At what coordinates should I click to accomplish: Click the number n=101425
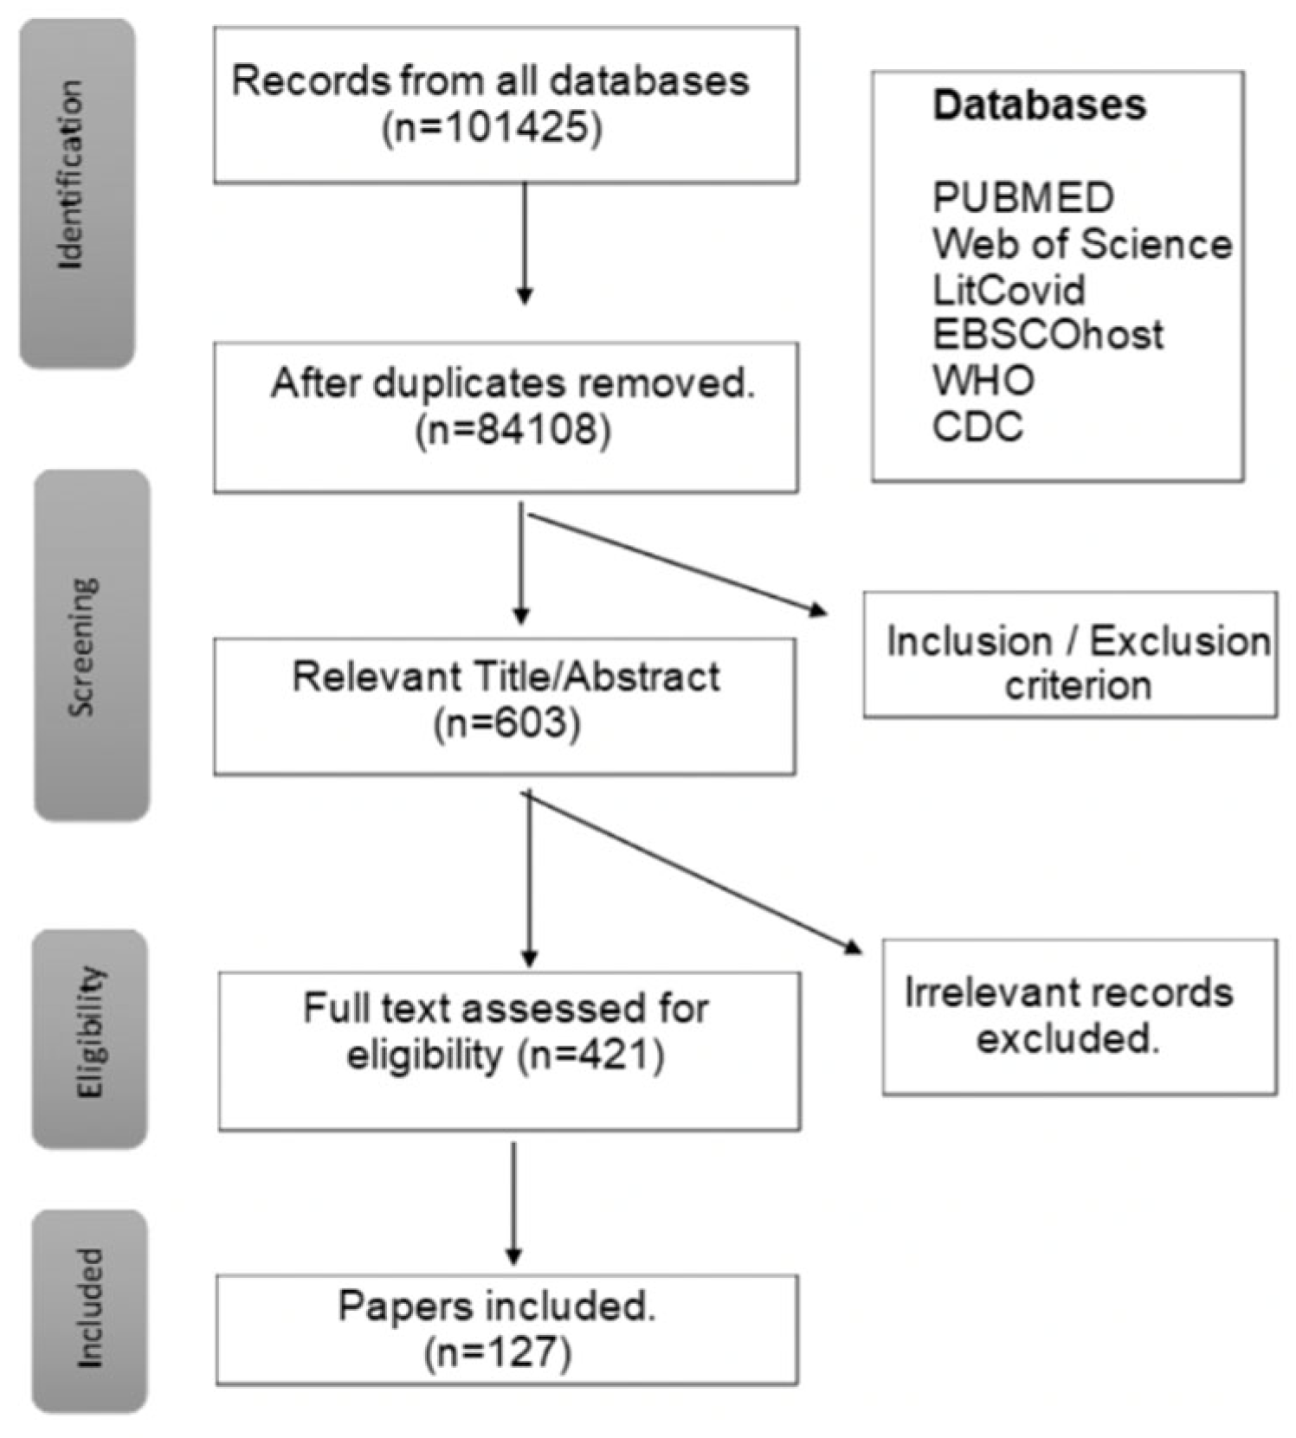[x=492, y=129]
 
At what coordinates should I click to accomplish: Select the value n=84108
[x=513, y=430]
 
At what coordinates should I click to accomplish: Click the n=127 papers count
[x=498, y=1352]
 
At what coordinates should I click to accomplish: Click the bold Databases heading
[x=1039, y=106]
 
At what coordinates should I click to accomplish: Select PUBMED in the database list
[x=1022, y=198]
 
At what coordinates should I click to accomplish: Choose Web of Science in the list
[x=1081, y=244]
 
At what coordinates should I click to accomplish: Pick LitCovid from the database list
[x=1008, y=289]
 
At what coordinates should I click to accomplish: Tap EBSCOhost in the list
[x=1048, y=335]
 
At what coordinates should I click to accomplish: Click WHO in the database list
[x=983, y=381]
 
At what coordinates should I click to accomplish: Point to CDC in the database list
[x=977, y=427]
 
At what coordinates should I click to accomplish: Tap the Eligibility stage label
[x=89, y=1032]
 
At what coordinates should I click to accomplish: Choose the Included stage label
[x=89, y=1308]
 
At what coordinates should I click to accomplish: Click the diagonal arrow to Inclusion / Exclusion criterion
[x=675, y=564]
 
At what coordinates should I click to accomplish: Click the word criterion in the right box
[x=1078, y=685]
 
